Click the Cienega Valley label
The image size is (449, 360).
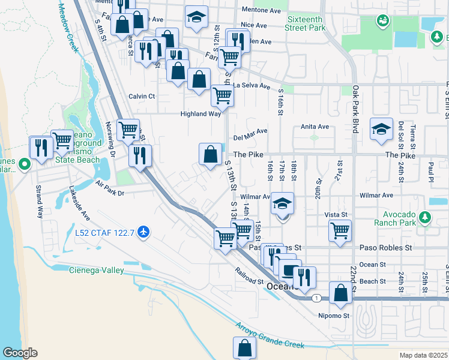tap(97, 270)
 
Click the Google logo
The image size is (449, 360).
tap(20, 353)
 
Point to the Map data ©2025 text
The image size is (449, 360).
tap(423, 355)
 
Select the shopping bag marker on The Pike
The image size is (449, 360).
tap(210, 154)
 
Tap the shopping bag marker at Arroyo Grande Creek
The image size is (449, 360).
tap(244, 347)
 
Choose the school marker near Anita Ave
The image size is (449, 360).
tap(381, 130)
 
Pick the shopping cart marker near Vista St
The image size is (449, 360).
tap(340, 230)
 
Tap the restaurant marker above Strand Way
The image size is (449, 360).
tap(41, 148)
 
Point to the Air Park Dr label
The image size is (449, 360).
tap(109, 193)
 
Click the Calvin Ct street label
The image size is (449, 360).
tap(142, 96)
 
